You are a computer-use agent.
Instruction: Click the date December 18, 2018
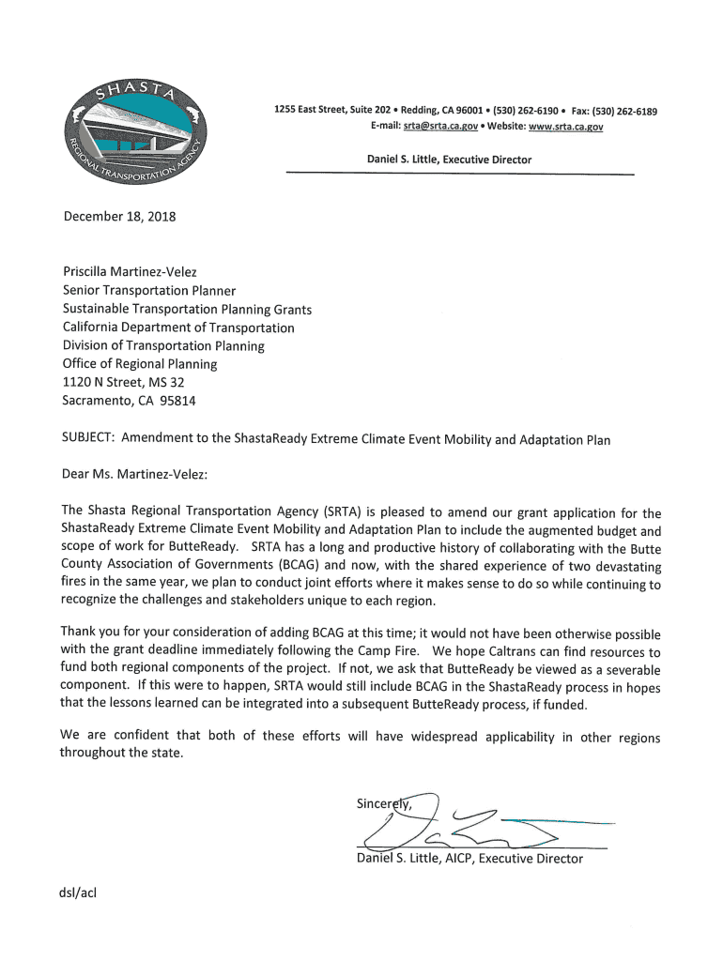pos(119,217)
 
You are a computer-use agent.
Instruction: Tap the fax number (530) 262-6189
pos(623,112)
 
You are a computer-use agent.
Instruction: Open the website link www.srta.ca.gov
pos(566,126)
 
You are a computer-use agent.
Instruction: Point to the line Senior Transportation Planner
pos(149,291)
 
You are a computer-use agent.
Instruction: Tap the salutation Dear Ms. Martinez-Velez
pos(134,474)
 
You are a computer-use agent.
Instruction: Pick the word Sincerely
pos(384,803)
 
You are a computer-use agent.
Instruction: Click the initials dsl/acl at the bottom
pos(80,892)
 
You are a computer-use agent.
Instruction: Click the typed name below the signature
pos(469,859)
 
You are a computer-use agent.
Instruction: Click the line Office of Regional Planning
pos(140,363)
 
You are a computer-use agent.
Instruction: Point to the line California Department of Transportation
pos(178,328)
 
